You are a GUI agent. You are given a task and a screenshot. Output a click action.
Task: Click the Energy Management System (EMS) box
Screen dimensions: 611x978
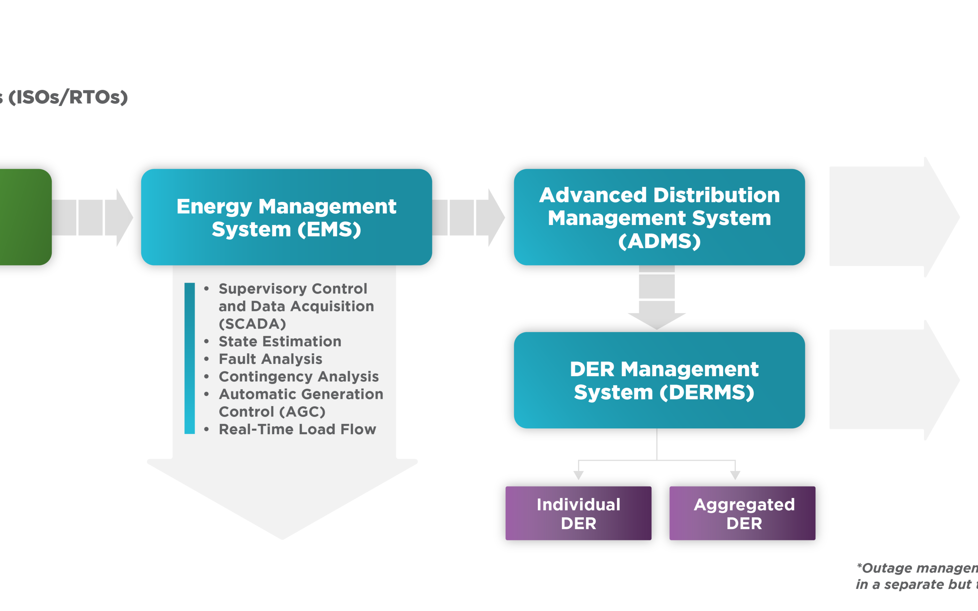(x=286, y=217)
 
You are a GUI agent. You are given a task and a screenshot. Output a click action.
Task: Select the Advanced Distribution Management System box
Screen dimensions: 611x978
(x=659, y=217)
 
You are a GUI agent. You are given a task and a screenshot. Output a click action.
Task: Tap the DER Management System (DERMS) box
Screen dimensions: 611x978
(x=659, y=380)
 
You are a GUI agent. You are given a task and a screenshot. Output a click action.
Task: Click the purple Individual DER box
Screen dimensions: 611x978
(x=578, y=513)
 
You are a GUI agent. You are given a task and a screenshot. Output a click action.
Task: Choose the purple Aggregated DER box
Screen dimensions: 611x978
(x=742, y=513)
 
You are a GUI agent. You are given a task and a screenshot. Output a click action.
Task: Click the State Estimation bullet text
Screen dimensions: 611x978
(x=280, y=341)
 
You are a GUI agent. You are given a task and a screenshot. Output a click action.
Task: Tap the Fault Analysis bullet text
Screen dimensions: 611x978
(x=270, y=359)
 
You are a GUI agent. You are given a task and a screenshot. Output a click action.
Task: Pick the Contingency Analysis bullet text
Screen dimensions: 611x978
(x=298, y=377)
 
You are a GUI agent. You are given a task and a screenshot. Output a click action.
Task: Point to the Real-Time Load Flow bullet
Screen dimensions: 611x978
(x=297, y=429)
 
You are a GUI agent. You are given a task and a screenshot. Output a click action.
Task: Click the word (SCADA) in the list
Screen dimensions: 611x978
(x=252, y=324)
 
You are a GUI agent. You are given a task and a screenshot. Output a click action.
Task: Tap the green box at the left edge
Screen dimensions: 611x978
(x=24, y=217)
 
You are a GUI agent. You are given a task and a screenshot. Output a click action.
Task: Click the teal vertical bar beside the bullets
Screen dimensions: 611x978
(x=189, y=358)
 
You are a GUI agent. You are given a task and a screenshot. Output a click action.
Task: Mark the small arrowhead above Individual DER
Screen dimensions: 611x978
(x=578, y=475)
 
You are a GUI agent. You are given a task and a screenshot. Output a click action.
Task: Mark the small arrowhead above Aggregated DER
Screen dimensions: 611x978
(x=735, y=475)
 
